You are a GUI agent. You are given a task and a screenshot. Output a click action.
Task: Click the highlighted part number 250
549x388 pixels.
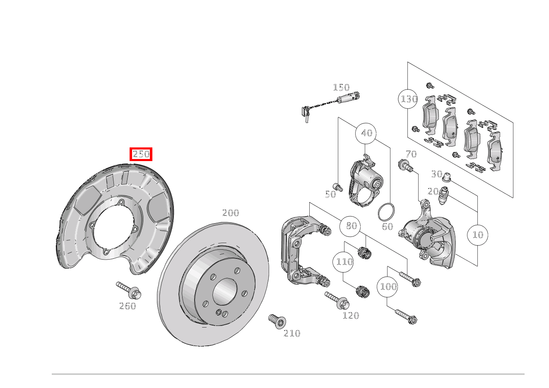[141, 154]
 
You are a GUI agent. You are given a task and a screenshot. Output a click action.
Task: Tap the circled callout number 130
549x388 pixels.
[408, 99]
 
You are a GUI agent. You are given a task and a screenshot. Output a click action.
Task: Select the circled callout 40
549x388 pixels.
[366, 133]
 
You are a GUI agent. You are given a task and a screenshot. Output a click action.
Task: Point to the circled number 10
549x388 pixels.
[477, 235]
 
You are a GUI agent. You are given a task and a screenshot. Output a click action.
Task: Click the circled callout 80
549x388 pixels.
[350, 226]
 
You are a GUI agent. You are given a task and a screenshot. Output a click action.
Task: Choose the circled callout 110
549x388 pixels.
[343, 262]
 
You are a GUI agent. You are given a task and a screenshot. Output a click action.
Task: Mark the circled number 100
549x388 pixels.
[387, 287]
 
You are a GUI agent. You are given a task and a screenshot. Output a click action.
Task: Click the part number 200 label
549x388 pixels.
[230, 213]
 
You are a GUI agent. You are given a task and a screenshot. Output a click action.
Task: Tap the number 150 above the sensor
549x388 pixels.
[341, 87]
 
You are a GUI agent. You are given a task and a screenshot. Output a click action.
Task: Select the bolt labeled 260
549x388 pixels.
[129, 290]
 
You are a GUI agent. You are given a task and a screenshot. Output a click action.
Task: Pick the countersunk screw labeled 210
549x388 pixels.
[277, 321]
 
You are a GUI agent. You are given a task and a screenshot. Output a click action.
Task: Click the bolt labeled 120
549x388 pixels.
[337, 301]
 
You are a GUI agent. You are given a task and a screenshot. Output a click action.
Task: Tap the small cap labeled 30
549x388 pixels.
[447, 177]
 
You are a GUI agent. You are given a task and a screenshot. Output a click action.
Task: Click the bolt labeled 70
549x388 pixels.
[405, 166]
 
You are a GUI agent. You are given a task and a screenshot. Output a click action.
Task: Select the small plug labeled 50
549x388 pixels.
[338, 187]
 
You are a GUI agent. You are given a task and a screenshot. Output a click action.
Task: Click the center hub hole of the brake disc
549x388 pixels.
[224, 292]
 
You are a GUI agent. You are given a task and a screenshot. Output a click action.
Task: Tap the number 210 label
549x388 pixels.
[291, 333]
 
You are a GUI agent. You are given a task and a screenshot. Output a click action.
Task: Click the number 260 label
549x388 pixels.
[128, 306]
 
